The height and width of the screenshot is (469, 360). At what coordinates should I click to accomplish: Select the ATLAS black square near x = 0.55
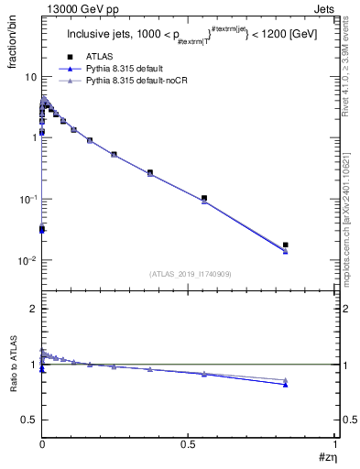click(x=204, y=198)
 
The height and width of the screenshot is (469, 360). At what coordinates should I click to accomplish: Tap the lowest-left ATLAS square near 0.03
click(x=42, y=229)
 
